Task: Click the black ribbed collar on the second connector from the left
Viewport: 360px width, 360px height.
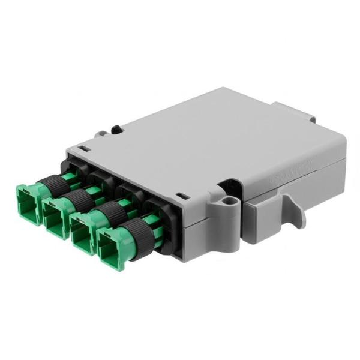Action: (x=78, y=199)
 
